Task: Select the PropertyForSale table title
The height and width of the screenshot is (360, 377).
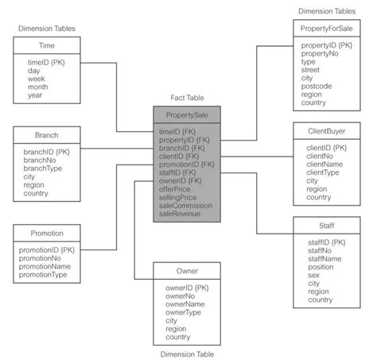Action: coord(327,29)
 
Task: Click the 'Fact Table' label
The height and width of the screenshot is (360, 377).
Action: coord(188,97)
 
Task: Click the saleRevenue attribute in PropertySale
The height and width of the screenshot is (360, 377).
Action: coord(180,213)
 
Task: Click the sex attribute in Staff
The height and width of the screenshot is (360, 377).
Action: coord(313,274)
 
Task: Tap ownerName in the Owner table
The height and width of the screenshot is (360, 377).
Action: coord(185,304)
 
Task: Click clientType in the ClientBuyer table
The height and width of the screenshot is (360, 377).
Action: coord(323,172)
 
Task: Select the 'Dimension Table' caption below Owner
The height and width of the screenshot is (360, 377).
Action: coord(187,354)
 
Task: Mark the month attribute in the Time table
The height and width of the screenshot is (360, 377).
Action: coord(38,87)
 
